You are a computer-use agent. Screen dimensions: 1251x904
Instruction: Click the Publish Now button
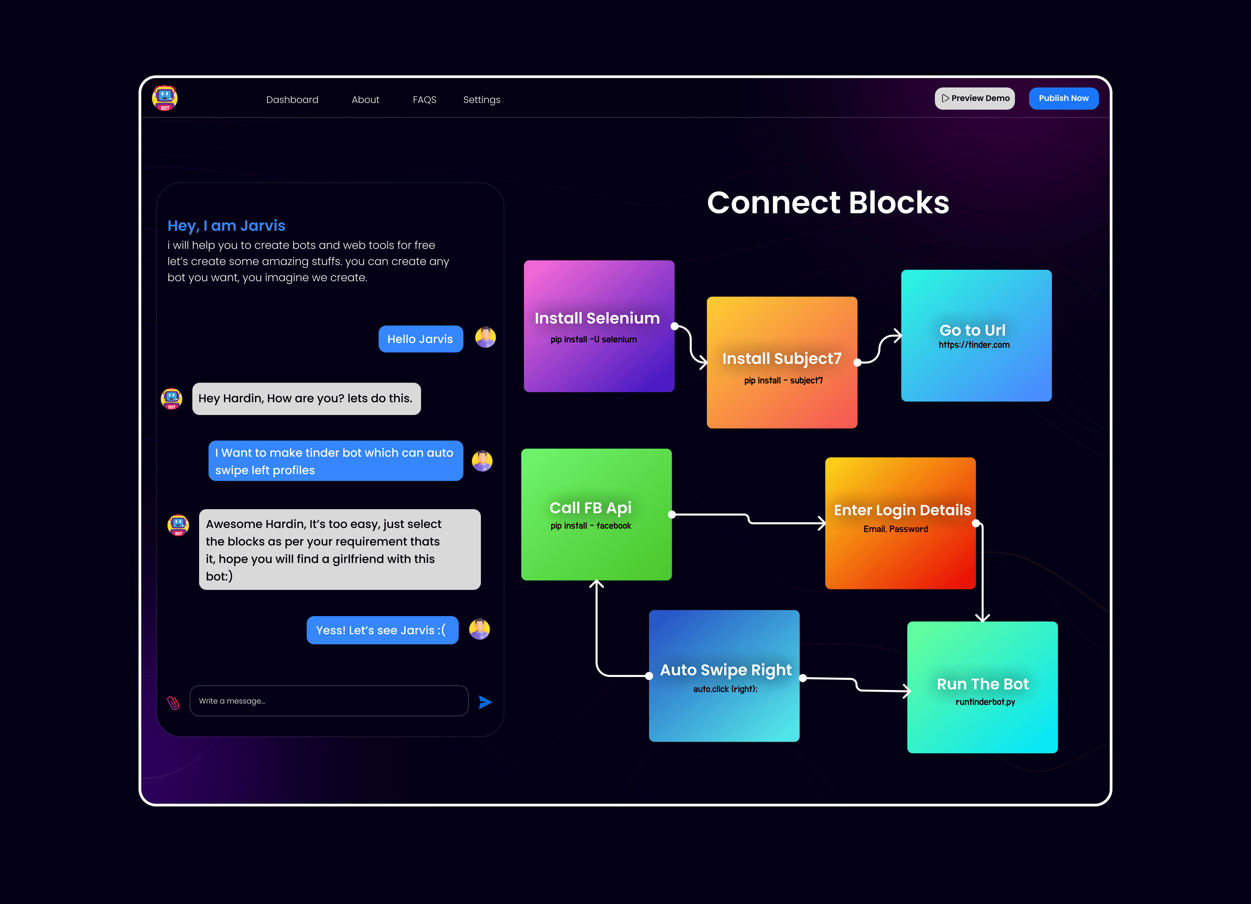(x=1063, y=98)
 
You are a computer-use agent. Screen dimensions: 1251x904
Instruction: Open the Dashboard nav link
(x=292, y=100)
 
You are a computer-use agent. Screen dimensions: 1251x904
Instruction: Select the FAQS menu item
(x=424, y=100)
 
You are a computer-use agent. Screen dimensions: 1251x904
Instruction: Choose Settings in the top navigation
(x=482, y=100)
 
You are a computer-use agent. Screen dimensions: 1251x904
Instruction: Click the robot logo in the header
(x=165, y=98)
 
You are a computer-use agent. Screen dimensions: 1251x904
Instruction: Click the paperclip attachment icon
(x=173, y=703)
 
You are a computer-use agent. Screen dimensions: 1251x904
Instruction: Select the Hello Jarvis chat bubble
(x=420, y=339)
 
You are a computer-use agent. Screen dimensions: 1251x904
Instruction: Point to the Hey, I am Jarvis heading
(x=226, y=225)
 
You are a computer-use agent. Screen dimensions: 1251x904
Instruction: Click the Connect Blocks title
(x=828, y=202)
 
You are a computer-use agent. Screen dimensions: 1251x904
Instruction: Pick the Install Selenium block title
(x=597, y=318)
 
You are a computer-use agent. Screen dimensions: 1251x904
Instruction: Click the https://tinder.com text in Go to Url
(x=974, y=345)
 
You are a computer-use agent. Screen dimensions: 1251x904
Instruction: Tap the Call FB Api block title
(x=590, y=508)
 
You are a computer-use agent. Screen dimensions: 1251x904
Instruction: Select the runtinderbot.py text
(x=985, y=702)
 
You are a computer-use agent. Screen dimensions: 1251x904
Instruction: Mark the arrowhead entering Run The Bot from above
(x=982, y=618)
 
